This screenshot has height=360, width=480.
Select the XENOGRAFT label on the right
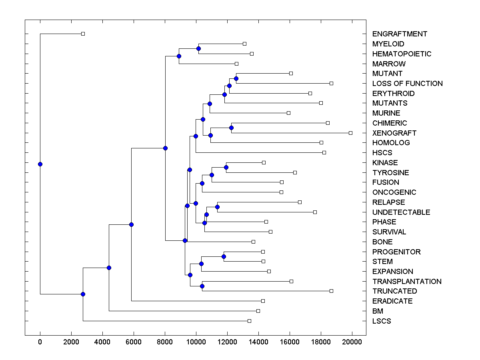394,133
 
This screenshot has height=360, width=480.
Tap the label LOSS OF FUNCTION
407,84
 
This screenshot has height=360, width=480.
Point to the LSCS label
382,321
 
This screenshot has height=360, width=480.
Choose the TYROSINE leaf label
390,173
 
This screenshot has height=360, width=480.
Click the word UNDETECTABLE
401,212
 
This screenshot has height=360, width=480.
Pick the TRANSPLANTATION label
407,282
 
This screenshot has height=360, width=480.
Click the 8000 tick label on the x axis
165,341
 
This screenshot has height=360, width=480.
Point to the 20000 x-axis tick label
352,341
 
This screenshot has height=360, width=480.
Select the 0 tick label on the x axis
40,341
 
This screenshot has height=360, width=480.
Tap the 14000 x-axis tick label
258,341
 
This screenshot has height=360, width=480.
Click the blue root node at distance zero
40,164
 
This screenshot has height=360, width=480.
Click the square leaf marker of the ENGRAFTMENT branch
83,34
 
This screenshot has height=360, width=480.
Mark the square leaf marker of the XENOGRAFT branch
350,133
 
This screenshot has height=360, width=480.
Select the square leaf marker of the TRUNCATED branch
331,291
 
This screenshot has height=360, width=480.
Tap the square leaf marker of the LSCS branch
249,321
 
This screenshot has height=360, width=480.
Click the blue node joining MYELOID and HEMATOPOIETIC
198,48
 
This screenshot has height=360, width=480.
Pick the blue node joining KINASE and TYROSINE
226,167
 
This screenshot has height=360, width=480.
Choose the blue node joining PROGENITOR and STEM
224,256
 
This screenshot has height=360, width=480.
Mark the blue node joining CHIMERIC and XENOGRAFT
231,128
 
